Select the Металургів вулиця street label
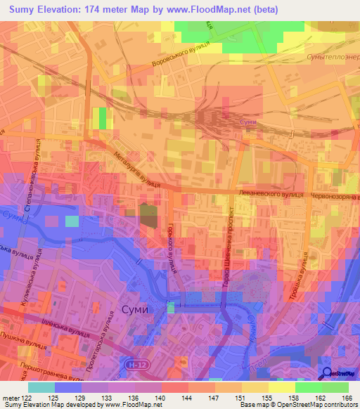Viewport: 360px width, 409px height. tap(136, 168)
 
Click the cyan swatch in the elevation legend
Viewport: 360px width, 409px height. tap(41, 387)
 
